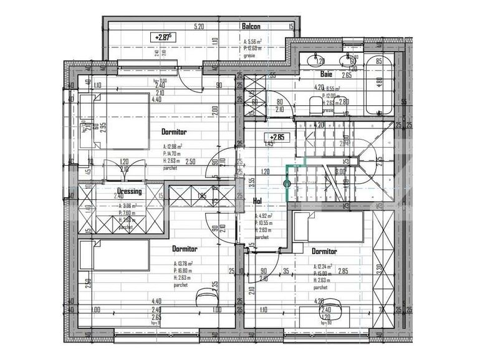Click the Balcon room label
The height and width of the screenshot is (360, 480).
251,27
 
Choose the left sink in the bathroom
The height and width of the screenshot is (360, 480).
320,60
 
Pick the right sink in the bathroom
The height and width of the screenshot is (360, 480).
352,60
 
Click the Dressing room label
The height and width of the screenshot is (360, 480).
130,191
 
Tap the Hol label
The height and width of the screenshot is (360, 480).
257,201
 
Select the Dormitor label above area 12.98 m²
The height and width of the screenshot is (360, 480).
174,133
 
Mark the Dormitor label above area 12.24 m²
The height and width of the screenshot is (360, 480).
324,251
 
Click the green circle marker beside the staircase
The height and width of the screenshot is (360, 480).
287,184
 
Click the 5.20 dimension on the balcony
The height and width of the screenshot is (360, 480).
199,27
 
